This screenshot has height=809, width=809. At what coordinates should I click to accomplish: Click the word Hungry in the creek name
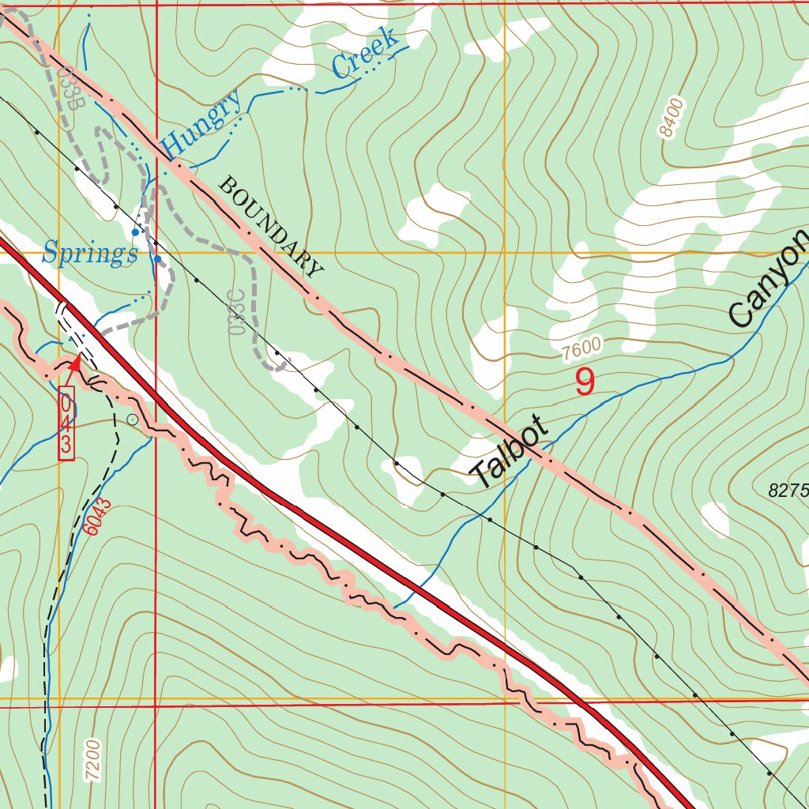[201, 123]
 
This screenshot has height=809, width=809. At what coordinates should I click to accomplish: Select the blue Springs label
[89, 254]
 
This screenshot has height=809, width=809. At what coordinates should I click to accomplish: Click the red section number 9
[584, 383]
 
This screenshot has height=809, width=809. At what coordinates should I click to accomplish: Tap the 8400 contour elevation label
[672, 119]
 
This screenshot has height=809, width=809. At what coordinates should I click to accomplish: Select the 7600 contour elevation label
[582, 348]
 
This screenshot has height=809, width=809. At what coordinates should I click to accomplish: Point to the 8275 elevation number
[788, 491]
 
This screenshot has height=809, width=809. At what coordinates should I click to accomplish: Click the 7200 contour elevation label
[93, 760]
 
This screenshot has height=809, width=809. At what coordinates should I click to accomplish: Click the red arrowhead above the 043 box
[76, 363]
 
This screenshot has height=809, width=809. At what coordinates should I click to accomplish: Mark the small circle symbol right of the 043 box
[132, 419]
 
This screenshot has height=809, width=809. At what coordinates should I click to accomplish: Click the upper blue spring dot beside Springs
[136, 232]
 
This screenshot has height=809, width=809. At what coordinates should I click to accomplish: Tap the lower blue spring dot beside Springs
[158, 258]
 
